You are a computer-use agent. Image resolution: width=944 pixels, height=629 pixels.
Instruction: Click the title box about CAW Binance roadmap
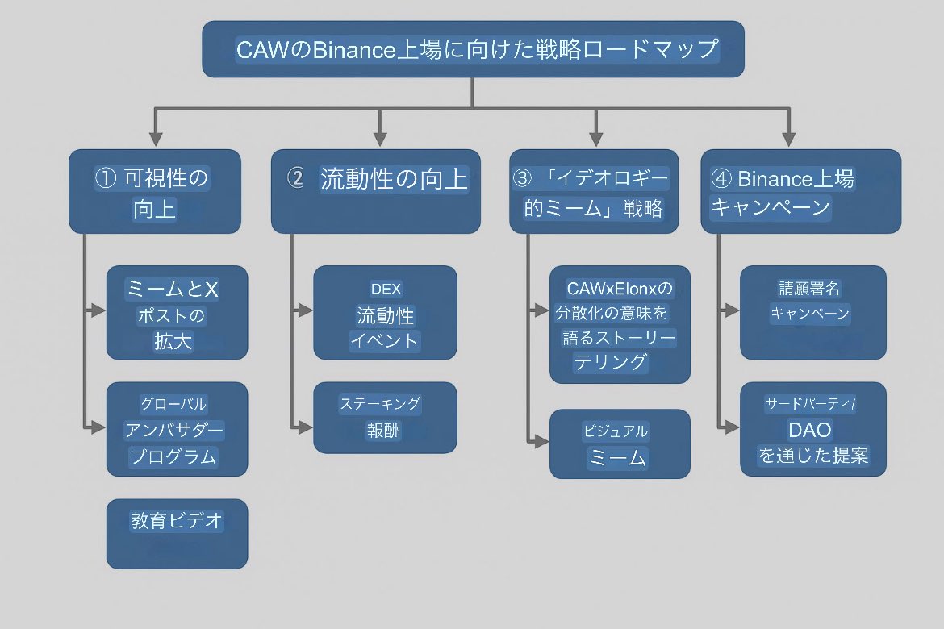(x=472, y=49)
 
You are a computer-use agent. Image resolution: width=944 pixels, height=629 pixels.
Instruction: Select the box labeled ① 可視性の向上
(x=154, y=192)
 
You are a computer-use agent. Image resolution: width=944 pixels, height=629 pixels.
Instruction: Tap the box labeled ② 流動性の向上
(x=375, y=192)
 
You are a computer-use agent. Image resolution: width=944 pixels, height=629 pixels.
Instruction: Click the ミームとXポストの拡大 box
(x=177, y=313)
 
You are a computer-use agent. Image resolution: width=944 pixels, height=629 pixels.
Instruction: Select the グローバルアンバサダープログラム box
(x=177, y=429)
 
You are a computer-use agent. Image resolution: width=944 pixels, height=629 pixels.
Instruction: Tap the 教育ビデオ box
(x=177, y=534)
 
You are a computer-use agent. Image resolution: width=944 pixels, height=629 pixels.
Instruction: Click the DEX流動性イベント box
(x=385, y=313)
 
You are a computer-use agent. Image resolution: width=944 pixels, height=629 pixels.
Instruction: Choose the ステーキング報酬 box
(x=385, y=418)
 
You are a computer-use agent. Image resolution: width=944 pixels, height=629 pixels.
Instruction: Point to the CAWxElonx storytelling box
(x=620, y=324)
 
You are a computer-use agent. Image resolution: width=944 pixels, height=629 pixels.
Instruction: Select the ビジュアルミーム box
(x=620, y=444)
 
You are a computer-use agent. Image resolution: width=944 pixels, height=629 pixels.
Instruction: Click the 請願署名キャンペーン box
(x=812, y=313)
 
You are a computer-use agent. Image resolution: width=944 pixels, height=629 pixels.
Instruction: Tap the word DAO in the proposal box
(x=809, y=430)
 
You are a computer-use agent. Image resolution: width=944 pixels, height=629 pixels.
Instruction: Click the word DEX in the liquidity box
(x=386, y=290)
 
